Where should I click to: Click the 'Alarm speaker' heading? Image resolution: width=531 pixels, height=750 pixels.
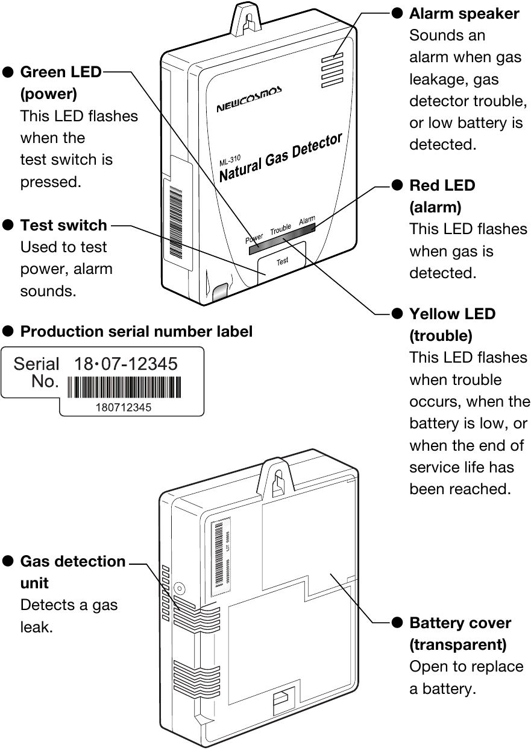pyautogui.click(x=464, y=14)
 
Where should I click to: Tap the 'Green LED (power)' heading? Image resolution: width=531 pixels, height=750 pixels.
pyautogui.click(x=60, y=83)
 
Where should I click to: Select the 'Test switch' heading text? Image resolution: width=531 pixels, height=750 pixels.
pyautogui.click(x=63, y=225)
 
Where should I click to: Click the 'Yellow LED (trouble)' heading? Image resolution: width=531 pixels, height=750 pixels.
pyautogui.click(x=452, y=324)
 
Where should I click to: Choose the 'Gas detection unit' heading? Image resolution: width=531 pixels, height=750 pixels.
pyautogui.click(x=72, y=571)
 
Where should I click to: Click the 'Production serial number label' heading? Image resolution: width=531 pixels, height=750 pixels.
pyautogui.click(x=136, y=331)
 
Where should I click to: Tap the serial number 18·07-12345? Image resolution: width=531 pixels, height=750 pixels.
pyautogui.click(x=125, y=364)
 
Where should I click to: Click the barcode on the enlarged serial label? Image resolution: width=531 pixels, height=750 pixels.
pyautogui.click(x=124, y=387)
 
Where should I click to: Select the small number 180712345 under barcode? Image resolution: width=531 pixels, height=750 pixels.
pyautogui.click(x=124, y=407)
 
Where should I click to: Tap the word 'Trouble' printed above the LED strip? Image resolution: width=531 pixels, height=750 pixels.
pyautogui.click(x=281, y=230)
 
